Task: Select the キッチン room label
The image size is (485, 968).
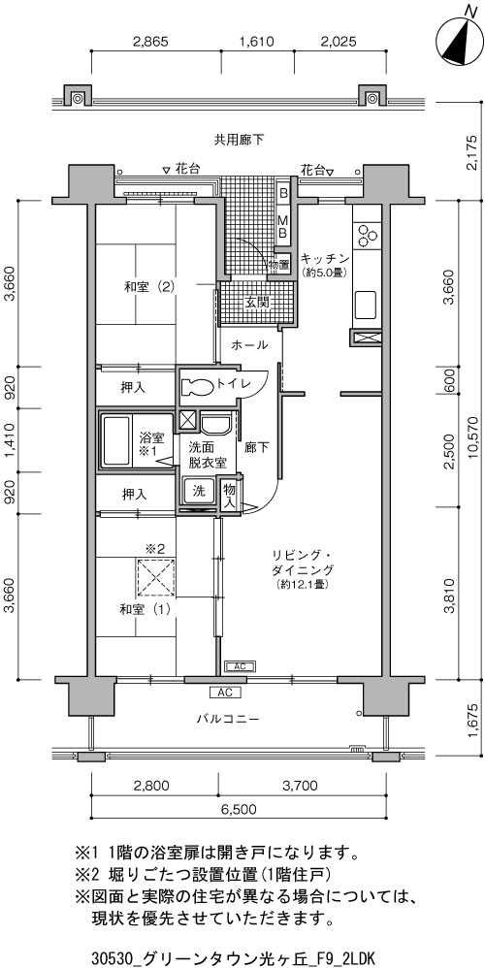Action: (325, 259)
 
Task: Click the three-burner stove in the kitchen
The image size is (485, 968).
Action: (367, 235)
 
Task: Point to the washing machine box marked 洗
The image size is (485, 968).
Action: (199, 492)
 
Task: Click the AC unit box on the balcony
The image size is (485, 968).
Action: (225, 692)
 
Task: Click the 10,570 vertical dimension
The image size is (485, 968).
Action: (473, 439)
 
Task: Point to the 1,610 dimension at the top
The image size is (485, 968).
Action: (256, 42)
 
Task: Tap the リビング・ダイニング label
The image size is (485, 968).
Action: (302, 562)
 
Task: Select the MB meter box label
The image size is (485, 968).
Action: (282, 225)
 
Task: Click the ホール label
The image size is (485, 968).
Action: (249, 345)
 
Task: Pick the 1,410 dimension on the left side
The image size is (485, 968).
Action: (10, 439)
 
